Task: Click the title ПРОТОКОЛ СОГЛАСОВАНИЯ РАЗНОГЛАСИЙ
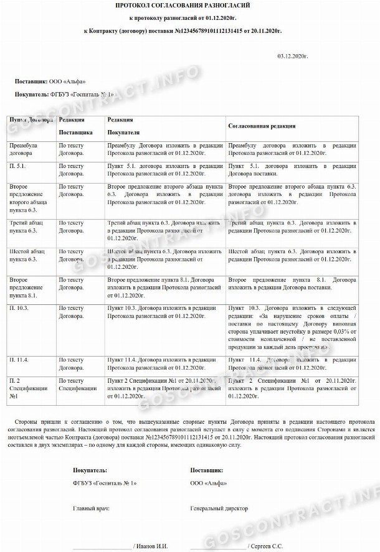tap(189, 6)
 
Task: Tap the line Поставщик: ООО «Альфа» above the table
tap(50, 81)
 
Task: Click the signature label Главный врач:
tap(92, 508)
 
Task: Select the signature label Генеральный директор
tap(219, 508)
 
